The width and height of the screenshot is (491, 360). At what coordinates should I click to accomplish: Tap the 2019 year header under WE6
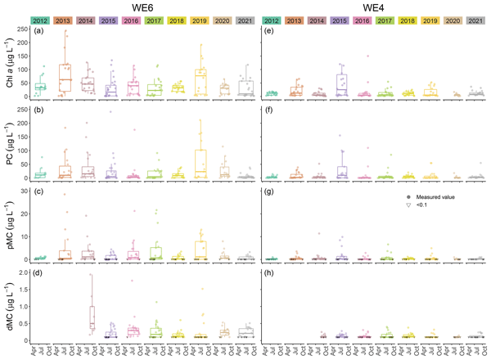[200, 20]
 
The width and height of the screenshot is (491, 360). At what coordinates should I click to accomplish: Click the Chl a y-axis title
[7, 62]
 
